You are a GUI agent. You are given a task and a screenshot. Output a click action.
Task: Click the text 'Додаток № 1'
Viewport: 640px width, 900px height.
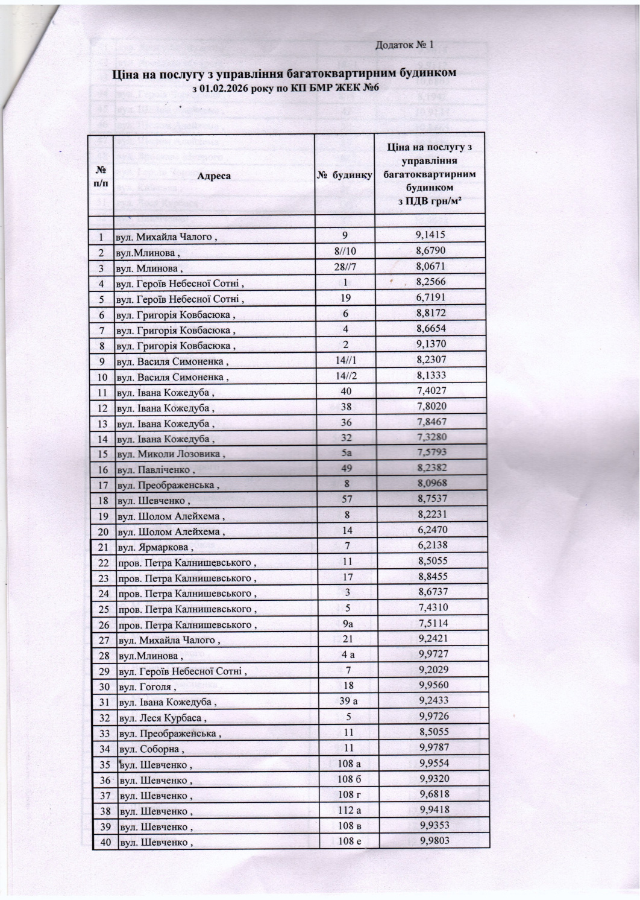pos(404,45)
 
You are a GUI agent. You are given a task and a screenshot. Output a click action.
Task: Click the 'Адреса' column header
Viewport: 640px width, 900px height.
pos(213,176)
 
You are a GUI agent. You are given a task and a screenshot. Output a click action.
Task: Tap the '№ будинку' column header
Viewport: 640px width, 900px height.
pos(345,175)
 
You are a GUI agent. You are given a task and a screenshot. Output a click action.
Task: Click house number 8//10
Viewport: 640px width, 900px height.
pos(345,251)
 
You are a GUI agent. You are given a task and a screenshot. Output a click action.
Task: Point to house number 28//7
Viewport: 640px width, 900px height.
pos(345,267)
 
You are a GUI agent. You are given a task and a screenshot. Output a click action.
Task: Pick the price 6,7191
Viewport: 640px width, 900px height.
pos(431,297)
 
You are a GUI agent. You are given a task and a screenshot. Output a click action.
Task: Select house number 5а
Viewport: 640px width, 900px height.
pos(346,452)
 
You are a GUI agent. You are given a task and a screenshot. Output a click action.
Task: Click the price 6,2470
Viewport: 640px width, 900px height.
pos(433,530)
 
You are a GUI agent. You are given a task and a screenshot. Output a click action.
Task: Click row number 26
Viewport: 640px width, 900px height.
pos(104,625)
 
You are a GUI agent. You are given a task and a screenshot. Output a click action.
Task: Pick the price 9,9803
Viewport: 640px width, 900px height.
pos(435,841)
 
